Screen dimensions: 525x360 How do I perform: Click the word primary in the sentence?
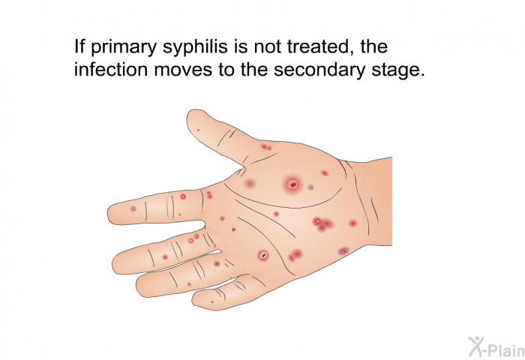click(124, 47)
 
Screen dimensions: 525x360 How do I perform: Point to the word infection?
click(111, 70)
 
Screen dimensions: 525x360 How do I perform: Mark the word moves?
click(183, 70)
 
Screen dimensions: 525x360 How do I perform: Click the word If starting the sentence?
click(79, 46)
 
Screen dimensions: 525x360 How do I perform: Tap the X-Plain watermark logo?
click(496, 346)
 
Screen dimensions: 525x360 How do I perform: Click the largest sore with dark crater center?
click(292, 184)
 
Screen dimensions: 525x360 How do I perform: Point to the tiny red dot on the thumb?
click(198, 130)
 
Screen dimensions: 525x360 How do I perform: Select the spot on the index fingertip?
click(133, 208)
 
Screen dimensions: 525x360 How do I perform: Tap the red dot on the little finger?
click(212, 302)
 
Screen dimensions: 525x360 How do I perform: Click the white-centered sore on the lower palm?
click(263, 255)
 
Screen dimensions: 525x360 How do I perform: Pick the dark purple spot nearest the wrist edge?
click(343, 250)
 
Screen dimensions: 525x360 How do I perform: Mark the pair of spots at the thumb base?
click(266, 147)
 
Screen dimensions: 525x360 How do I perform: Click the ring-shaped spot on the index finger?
click(183, 196)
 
